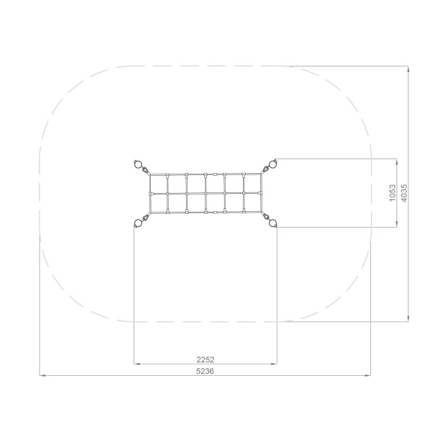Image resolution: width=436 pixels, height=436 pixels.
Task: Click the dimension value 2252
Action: [206, 360]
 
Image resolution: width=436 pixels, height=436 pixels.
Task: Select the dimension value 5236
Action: [206, 371]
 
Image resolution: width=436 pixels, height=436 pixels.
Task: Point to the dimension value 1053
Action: [392, 192]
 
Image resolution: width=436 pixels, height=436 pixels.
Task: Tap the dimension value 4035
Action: [403, 193]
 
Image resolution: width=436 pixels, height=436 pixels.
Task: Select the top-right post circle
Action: [273, 164]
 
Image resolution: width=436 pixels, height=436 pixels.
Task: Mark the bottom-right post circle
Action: [273, 223]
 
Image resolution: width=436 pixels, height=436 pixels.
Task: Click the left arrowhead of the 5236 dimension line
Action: [42, 375]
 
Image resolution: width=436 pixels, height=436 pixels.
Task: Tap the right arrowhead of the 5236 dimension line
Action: [367, 375]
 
